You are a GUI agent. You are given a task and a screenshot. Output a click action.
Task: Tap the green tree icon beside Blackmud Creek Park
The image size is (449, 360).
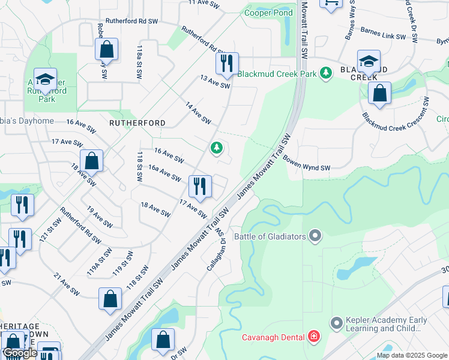[325, 73]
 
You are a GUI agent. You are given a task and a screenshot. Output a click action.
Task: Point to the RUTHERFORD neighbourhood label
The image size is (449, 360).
[137, 122]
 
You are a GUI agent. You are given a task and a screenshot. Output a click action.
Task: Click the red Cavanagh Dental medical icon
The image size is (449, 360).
[314, 336]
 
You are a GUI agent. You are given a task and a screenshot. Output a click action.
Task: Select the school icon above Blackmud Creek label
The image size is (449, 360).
[369, 61]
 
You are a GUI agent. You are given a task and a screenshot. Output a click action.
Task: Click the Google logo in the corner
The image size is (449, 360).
[20, 353]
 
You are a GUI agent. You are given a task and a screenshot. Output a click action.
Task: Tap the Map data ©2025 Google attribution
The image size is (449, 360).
[412, 355]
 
